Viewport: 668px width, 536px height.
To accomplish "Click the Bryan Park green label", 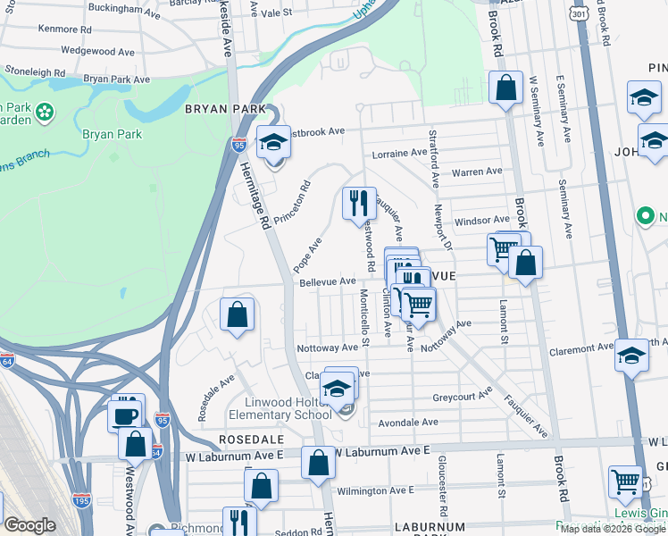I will [x=112, y=135].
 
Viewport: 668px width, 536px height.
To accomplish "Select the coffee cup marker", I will [x=125, y=415].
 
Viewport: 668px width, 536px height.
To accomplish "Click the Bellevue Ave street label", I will [x=328, y=281].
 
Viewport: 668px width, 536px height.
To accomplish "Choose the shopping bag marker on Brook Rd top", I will [x=505, y=88].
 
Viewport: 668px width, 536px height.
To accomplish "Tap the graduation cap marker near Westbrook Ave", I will [x=273, y=141].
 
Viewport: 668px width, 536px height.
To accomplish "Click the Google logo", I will [x=29, y=525].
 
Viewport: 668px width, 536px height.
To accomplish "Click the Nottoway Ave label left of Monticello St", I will [x=328, y=348].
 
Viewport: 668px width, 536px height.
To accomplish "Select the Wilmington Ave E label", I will [x=375, y=490].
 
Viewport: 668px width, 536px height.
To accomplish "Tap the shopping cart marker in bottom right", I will [x=625, y=482].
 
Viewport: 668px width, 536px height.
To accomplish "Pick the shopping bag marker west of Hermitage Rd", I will [x=237, y=314].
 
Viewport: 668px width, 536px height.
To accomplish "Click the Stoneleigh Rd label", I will [x=35, y=69].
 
